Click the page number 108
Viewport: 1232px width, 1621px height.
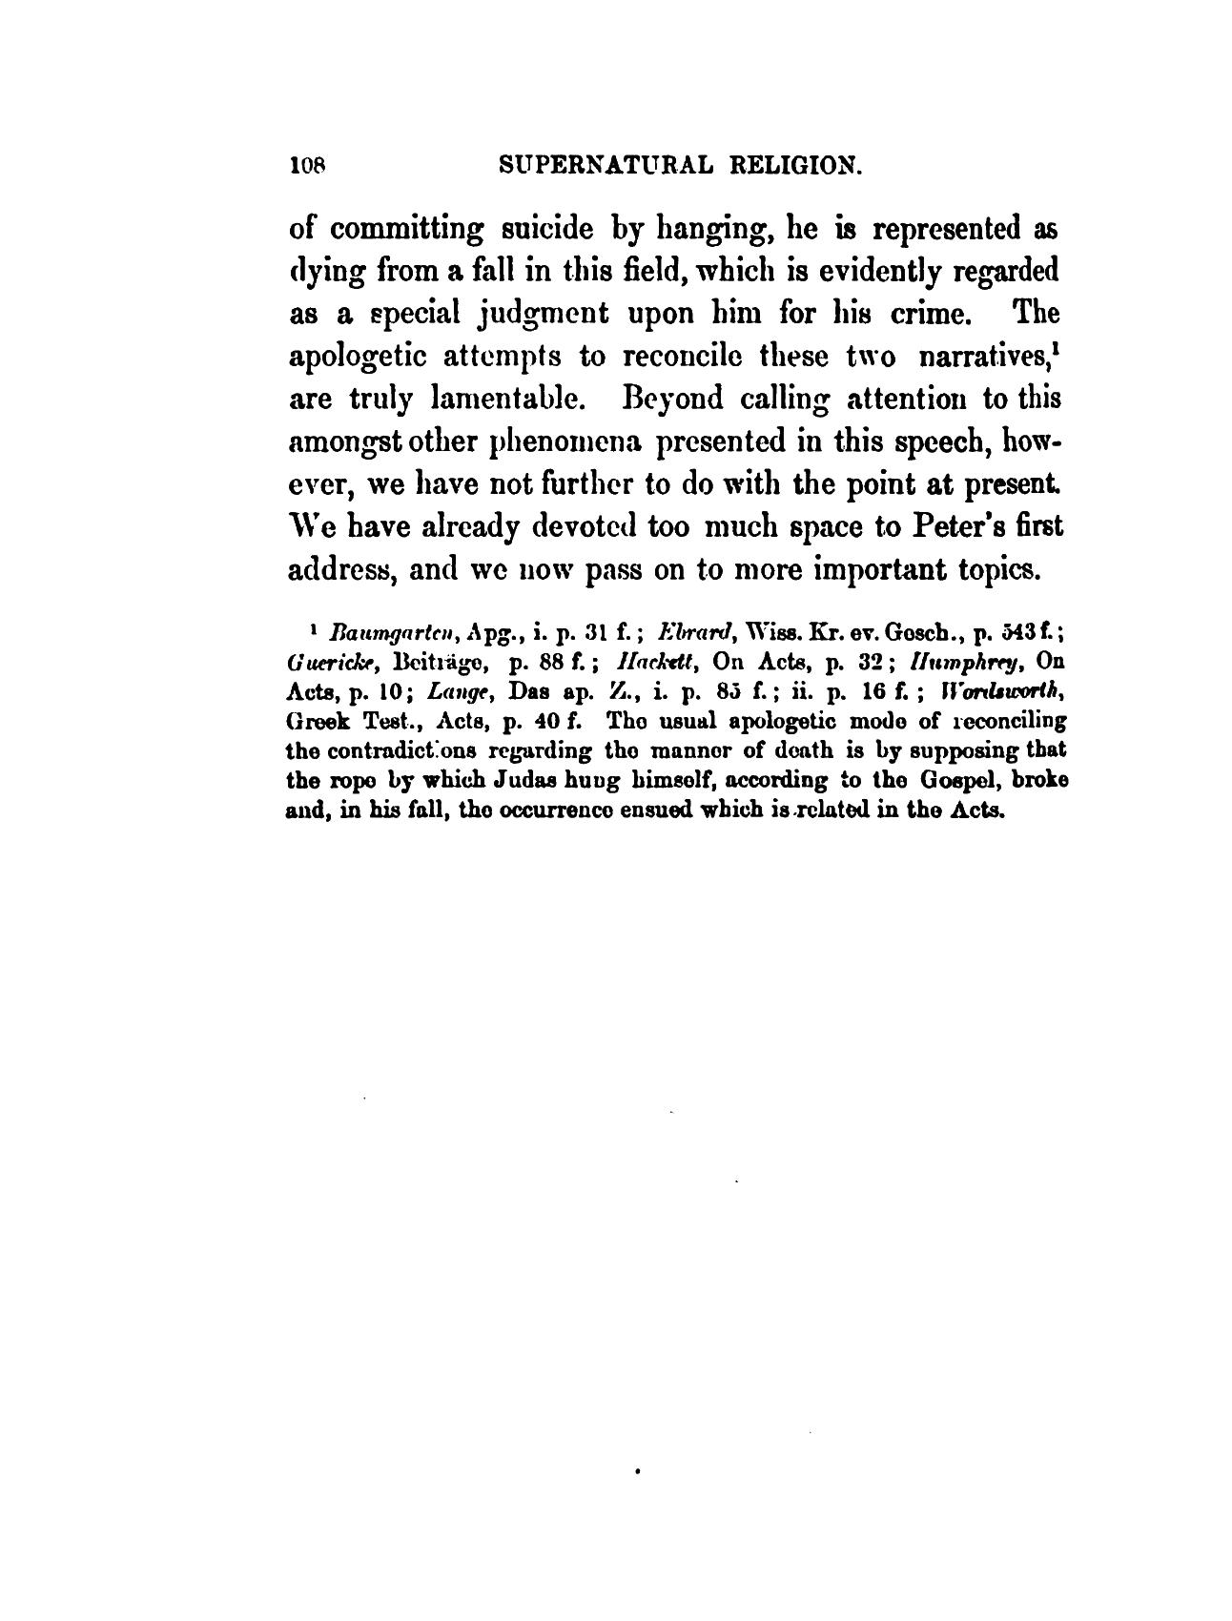coord(311,168)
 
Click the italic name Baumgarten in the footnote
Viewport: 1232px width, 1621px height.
coord(378,633)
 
